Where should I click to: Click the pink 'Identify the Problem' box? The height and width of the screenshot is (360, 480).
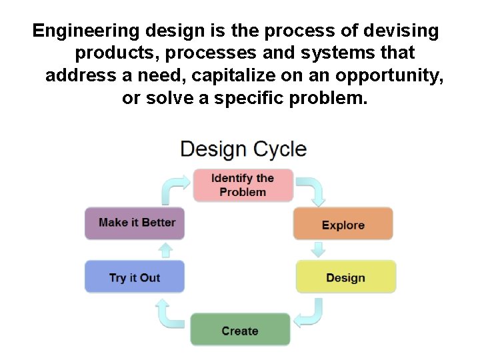(x=243, y=185)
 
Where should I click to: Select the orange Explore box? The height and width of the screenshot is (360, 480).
(x=343, y=224)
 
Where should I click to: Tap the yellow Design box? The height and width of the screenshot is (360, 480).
(x=345, y=277)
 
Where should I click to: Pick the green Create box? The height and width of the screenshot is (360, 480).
(x=240, y=330)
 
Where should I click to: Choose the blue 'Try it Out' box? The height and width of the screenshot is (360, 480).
(x=135, y=277)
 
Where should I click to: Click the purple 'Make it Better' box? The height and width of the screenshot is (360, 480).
(x=135, y=223)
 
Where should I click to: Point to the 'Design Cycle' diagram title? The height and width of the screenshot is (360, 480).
(x=243, y=148)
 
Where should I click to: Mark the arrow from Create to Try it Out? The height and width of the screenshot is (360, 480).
(x=169, y=313)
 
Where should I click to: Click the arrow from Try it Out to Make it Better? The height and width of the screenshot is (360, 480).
(x=167, y=250)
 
